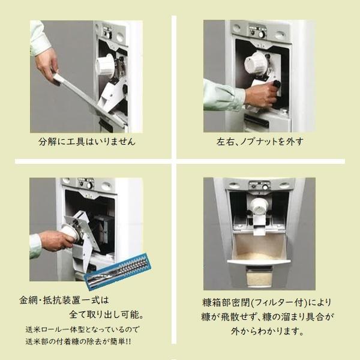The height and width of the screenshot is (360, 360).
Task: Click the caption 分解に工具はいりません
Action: [87, 142]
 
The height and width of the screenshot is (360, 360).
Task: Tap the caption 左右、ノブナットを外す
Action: [260, 142]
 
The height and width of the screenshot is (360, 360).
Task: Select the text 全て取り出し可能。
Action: [106, 314]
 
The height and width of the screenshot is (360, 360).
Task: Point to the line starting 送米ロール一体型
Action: [82, 329]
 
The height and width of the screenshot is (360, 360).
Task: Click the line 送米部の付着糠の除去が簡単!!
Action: [78, 341]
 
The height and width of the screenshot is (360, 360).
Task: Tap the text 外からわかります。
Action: [268, 331]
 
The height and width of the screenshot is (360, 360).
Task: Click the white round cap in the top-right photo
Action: [255, 62]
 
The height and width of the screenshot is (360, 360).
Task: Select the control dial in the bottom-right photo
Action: [265, 187]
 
